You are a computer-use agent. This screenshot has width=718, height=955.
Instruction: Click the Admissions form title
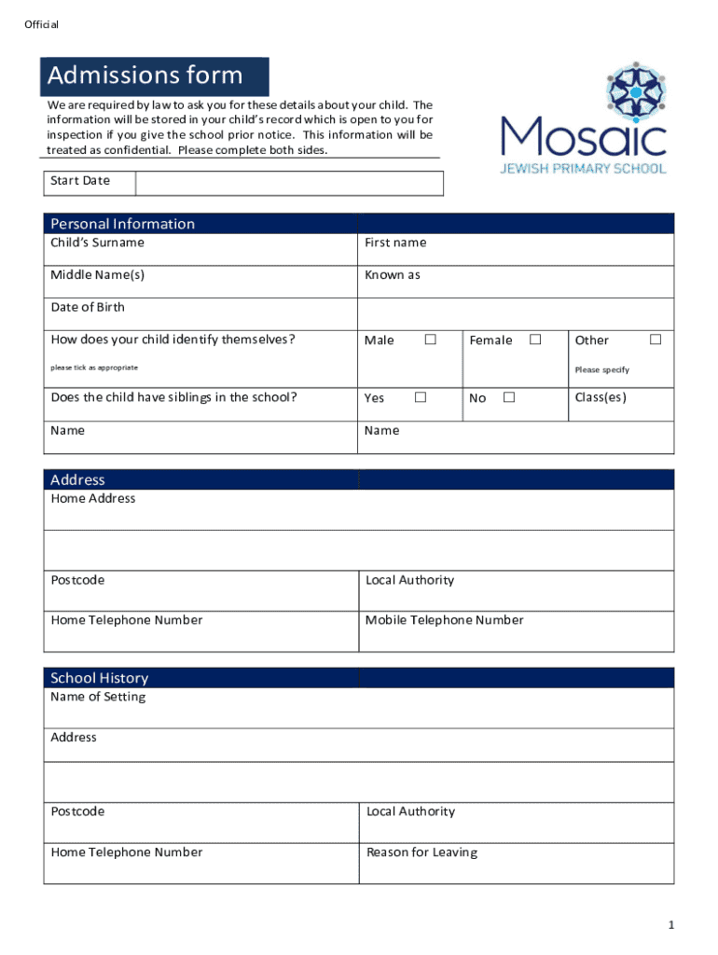(145, 76)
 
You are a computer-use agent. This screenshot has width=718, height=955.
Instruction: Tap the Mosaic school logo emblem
(637, 90)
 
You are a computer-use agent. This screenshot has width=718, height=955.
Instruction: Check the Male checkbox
(431, 339)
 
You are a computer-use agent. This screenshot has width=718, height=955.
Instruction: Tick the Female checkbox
(535, 339)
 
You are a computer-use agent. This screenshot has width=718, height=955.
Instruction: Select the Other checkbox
(656, 339)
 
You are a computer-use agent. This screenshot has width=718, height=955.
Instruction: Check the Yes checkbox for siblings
(421, 397)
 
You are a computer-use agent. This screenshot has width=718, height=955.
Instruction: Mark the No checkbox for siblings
(509, 397)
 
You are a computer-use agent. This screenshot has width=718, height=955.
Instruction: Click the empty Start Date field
(289, 183)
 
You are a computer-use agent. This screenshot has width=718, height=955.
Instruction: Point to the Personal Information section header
(123, 224)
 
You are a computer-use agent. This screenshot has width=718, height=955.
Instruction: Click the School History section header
(99, 678)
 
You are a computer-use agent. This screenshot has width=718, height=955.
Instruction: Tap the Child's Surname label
(98, 242)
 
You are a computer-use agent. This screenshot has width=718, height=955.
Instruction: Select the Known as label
(393, 275)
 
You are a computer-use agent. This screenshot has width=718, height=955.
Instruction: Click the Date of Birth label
(88, 307)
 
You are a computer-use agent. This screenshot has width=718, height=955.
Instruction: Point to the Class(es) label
(601, 397)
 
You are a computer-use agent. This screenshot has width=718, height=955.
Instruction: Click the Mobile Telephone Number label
(444, 620)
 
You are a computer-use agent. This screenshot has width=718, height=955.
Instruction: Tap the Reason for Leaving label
(421, 852)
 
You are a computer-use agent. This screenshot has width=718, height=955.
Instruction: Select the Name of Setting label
(98, 697)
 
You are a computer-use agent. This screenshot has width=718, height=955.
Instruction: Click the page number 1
(670, 924)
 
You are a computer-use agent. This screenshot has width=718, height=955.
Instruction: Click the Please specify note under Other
(601, 370)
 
